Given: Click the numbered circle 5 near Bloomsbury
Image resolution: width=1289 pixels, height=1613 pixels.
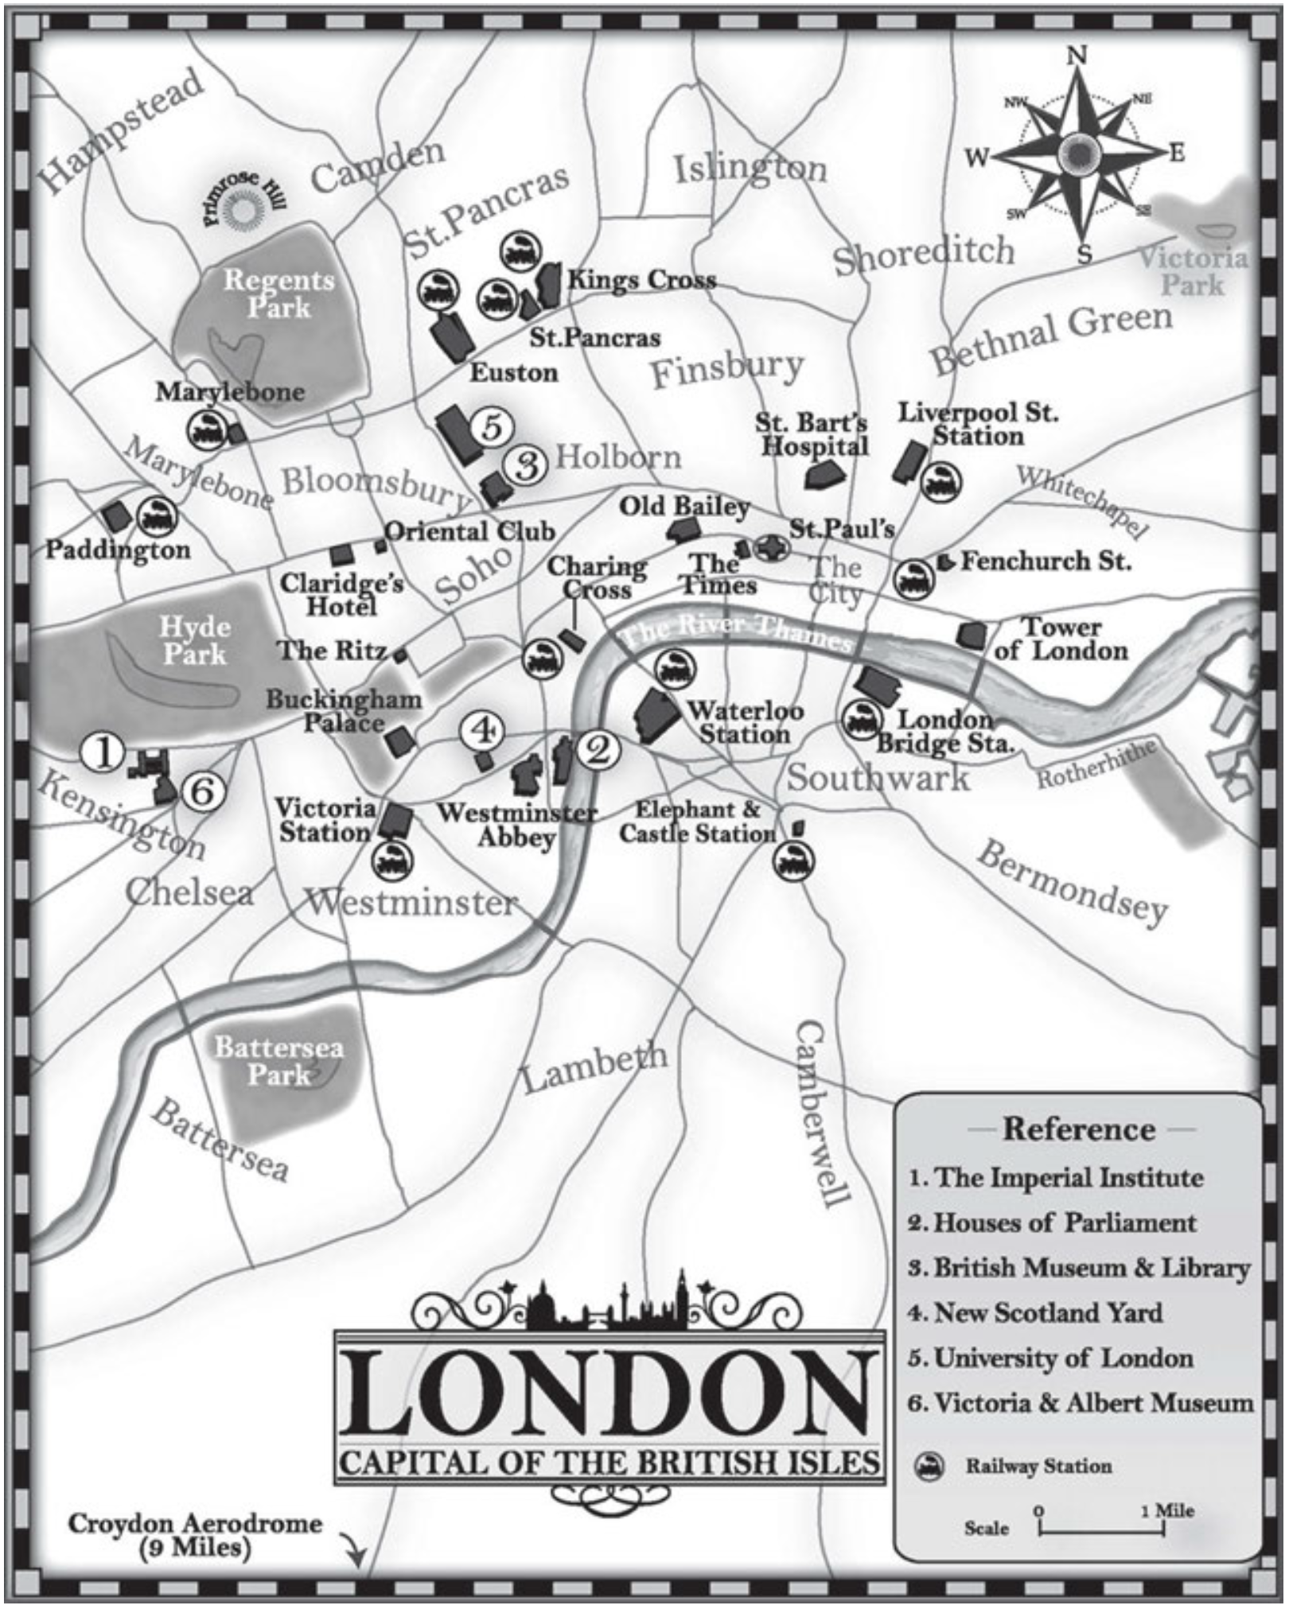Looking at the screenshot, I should point(492,427).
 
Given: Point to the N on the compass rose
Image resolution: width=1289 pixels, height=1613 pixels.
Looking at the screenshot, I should point(1077,56).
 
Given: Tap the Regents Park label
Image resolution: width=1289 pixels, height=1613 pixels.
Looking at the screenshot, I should point(278,293).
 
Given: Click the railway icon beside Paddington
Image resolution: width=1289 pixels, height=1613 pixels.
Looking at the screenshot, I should point(157,517).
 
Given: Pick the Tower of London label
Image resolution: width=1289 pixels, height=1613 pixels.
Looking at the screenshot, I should point(1061,639).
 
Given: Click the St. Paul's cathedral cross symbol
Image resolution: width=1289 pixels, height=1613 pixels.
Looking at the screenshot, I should point(771,548).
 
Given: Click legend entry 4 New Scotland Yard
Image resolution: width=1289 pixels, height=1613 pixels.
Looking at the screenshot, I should point(1035,1312).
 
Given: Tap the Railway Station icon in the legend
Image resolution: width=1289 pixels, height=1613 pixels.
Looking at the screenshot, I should point(928,1467).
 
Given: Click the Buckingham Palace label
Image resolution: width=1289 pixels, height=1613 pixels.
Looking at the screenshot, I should point(344,711).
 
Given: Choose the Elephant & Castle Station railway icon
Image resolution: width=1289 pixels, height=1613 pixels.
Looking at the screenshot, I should point(792,860).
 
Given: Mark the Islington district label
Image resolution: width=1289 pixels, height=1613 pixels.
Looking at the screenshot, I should point(750,168).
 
